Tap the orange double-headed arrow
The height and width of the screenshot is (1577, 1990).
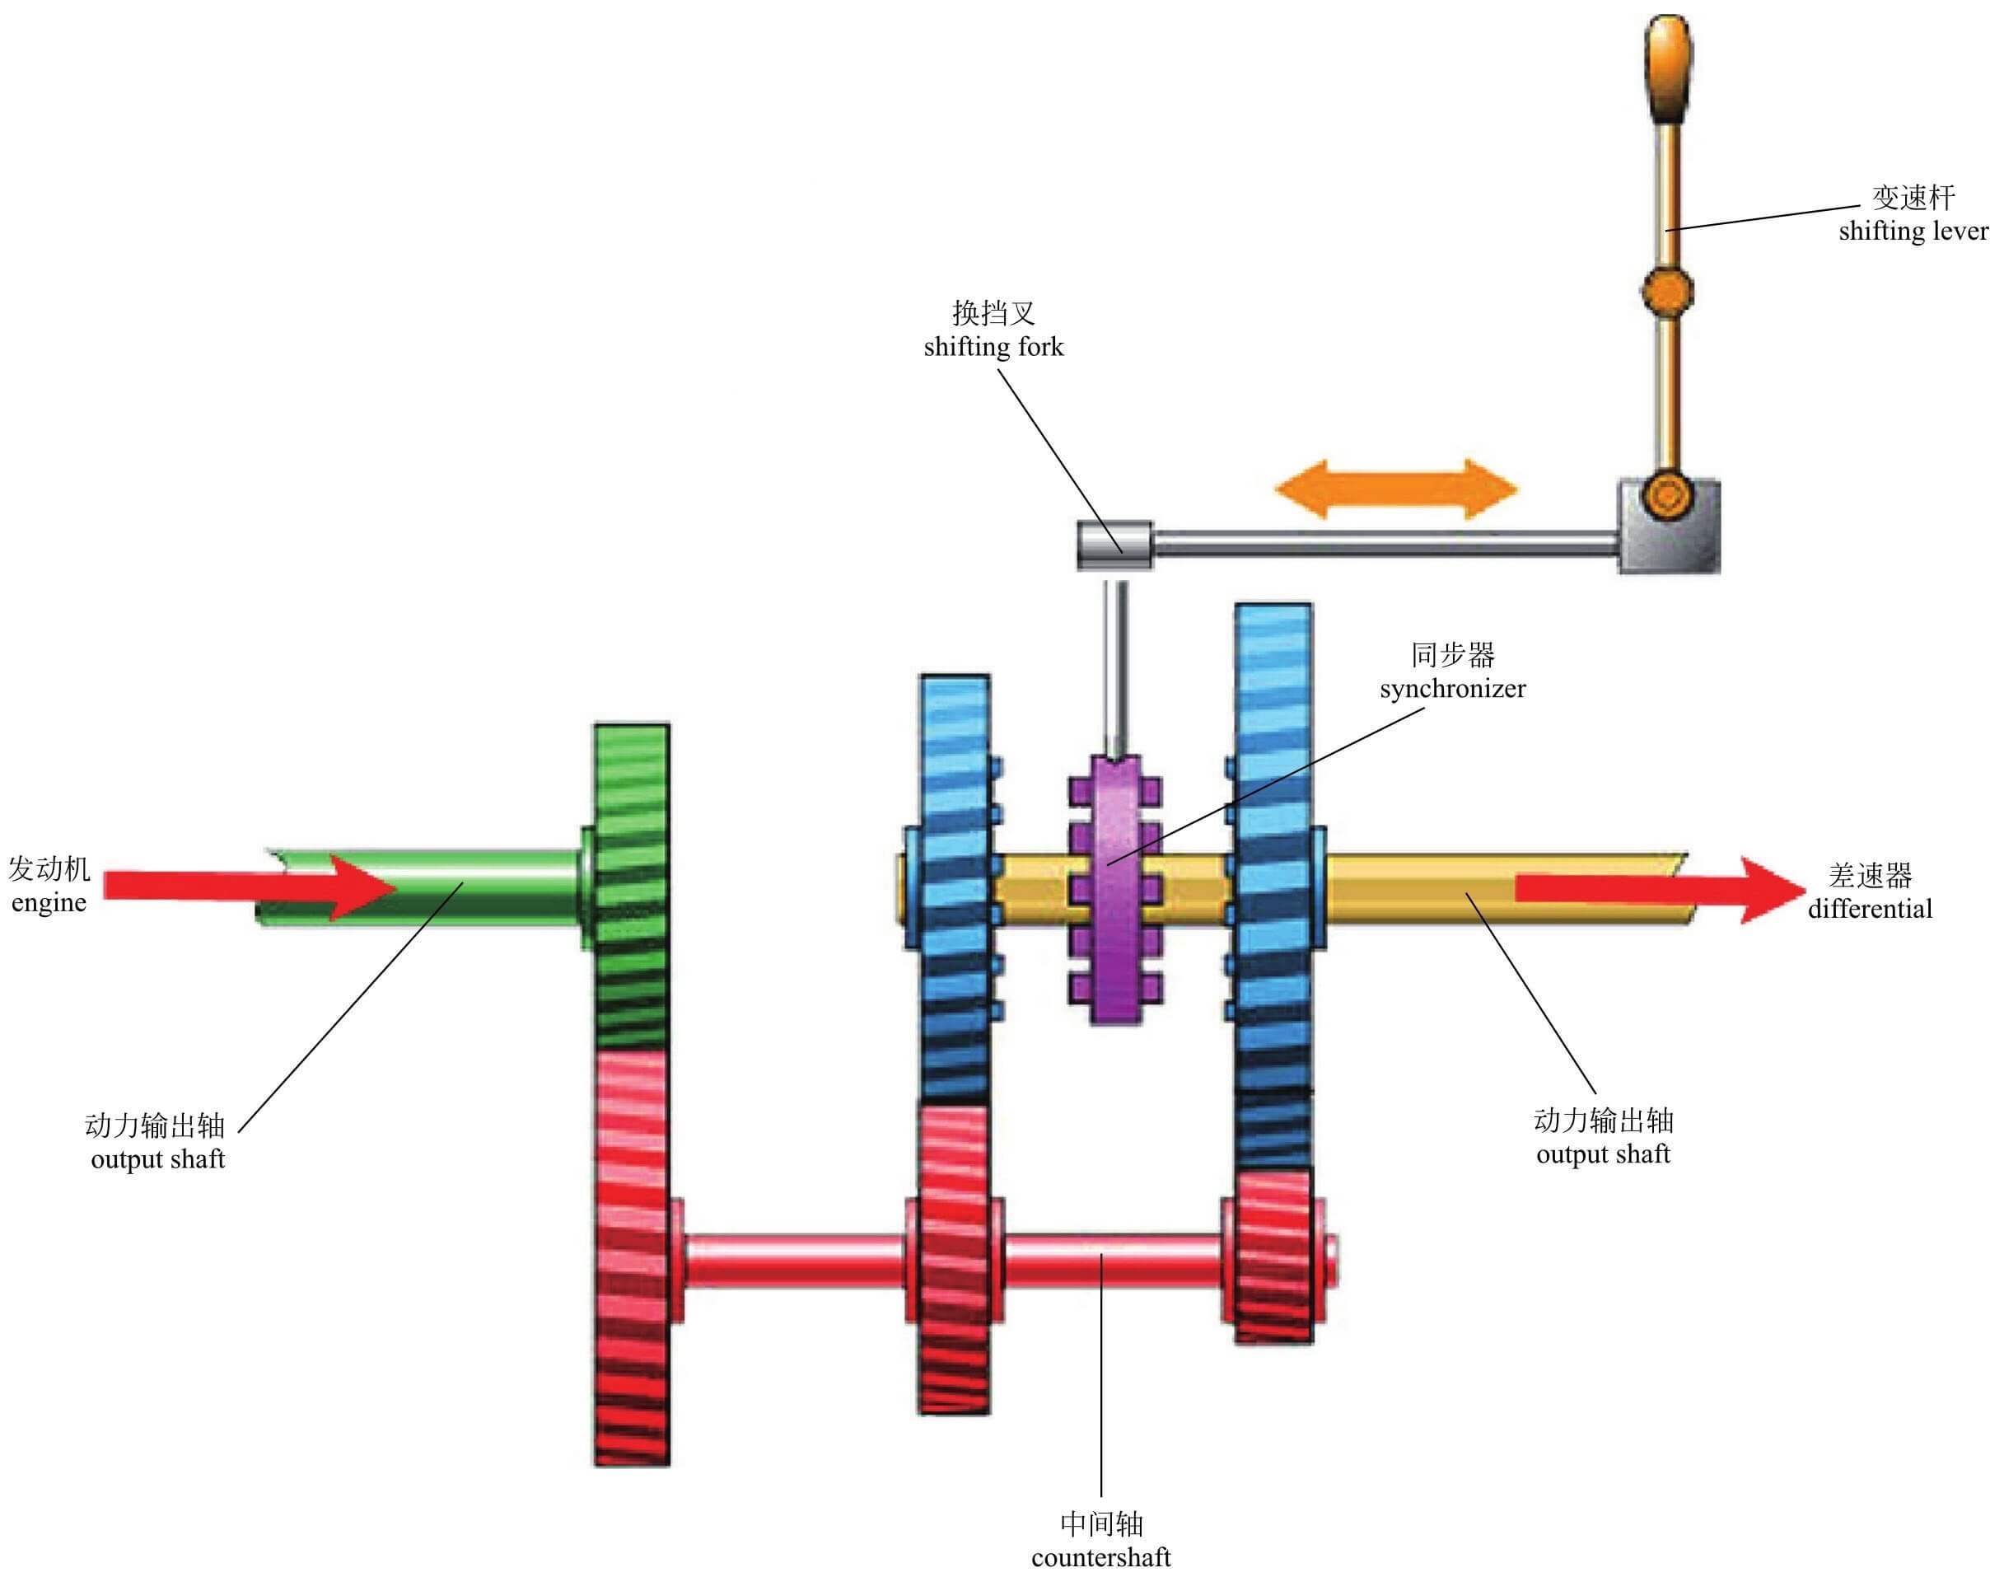click(x=1394, y=489)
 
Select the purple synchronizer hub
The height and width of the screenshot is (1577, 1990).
click(x=1115, y=887)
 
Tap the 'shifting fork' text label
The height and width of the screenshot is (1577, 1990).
click(x=993, y=347)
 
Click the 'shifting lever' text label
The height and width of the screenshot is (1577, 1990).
click(x=1912, y=231)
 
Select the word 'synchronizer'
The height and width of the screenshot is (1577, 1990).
click(x=1453, y=689)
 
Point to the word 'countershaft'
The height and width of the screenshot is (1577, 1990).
click(x=1100, y=1557)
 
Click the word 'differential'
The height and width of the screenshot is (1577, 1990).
click(x=1869, y=910)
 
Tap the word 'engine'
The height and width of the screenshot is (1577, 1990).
click(x=49, y=902)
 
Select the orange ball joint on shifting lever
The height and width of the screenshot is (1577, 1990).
click(x=1667, y=290)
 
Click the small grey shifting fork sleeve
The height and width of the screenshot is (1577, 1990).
click(x=1114, y=545)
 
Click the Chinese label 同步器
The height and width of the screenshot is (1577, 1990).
click(x=1453, y=656)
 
